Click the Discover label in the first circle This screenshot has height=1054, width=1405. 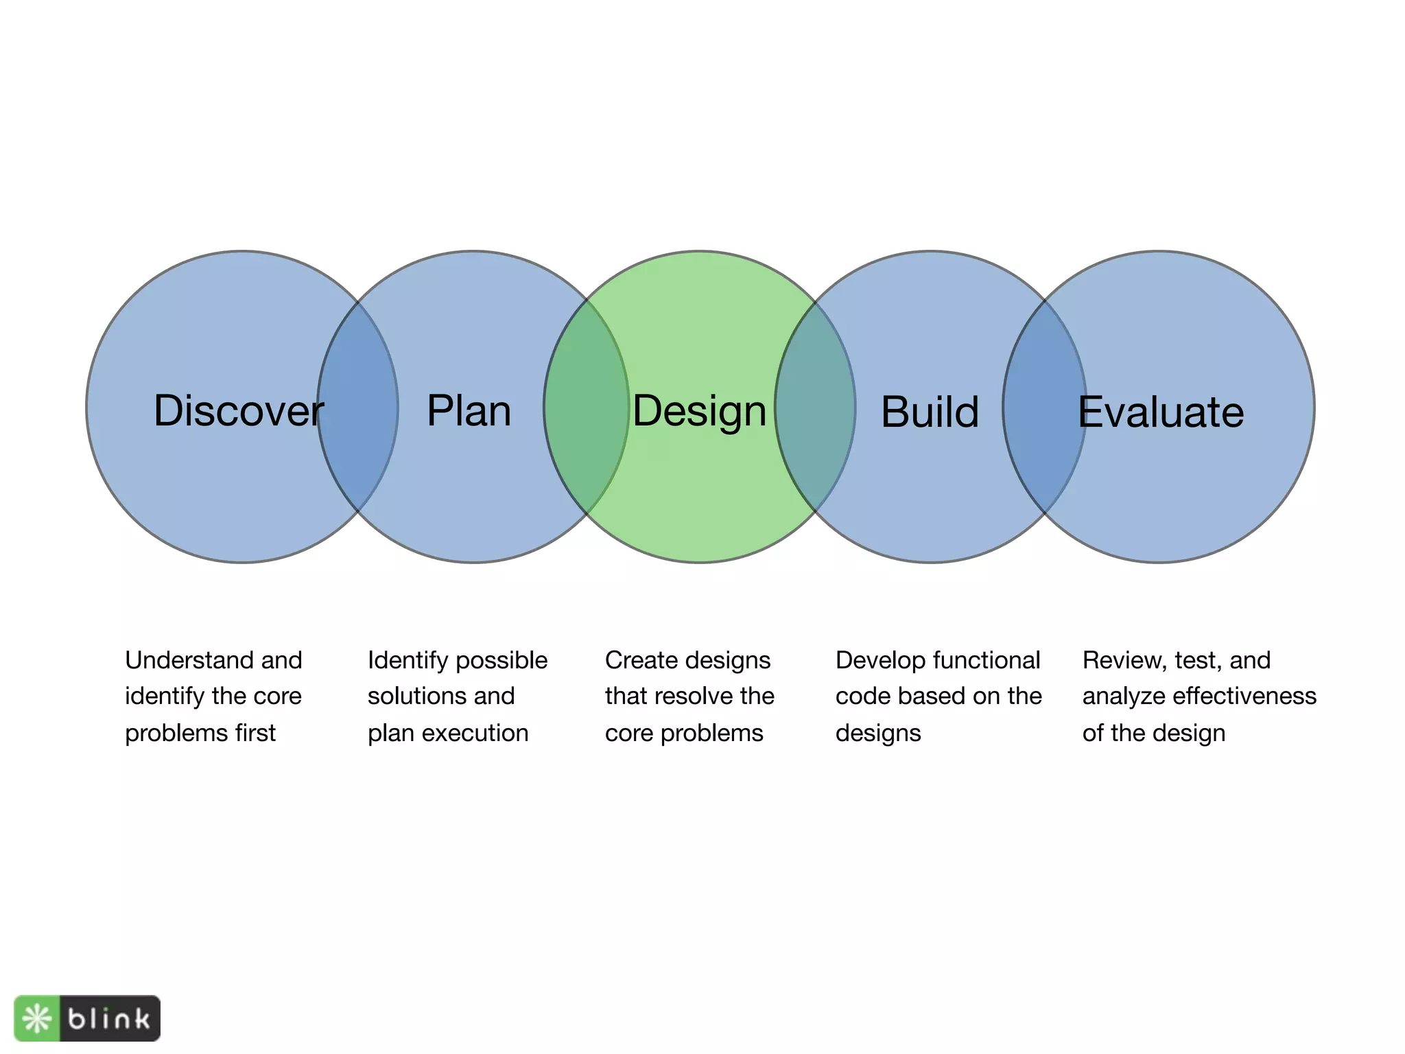[238, 411]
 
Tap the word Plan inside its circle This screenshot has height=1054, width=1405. [469, 411]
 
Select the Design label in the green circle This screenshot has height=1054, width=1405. [699, 411]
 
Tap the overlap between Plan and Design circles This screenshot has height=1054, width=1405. [587, 467]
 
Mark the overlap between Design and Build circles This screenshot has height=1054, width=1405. [816, 467]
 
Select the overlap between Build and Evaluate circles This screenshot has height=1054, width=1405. [1044, 467]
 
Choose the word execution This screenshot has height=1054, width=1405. [475, 733]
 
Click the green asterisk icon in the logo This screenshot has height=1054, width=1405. [37, 1018]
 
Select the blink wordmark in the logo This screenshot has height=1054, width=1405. [109, 1018]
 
